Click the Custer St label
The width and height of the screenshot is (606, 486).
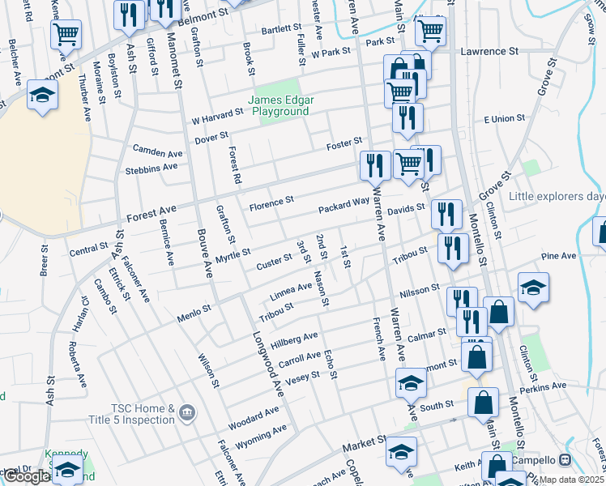pos(274,261)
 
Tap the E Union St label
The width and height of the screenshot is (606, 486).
pos(504,119)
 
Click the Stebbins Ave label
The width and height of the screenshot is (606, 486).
pos(151,168)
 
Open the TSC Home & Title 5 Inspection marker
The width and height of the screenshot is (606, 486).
pos(187,414)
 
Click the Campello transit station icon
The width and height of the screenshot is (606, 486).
pos(565,459)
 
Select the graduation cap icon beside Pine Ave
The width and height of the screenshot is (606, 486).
pos(533,288)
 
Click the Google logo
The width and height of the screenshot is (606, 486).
pos(27,477)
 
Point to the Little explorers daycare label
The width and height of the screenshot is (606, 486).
pos(557,197)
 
